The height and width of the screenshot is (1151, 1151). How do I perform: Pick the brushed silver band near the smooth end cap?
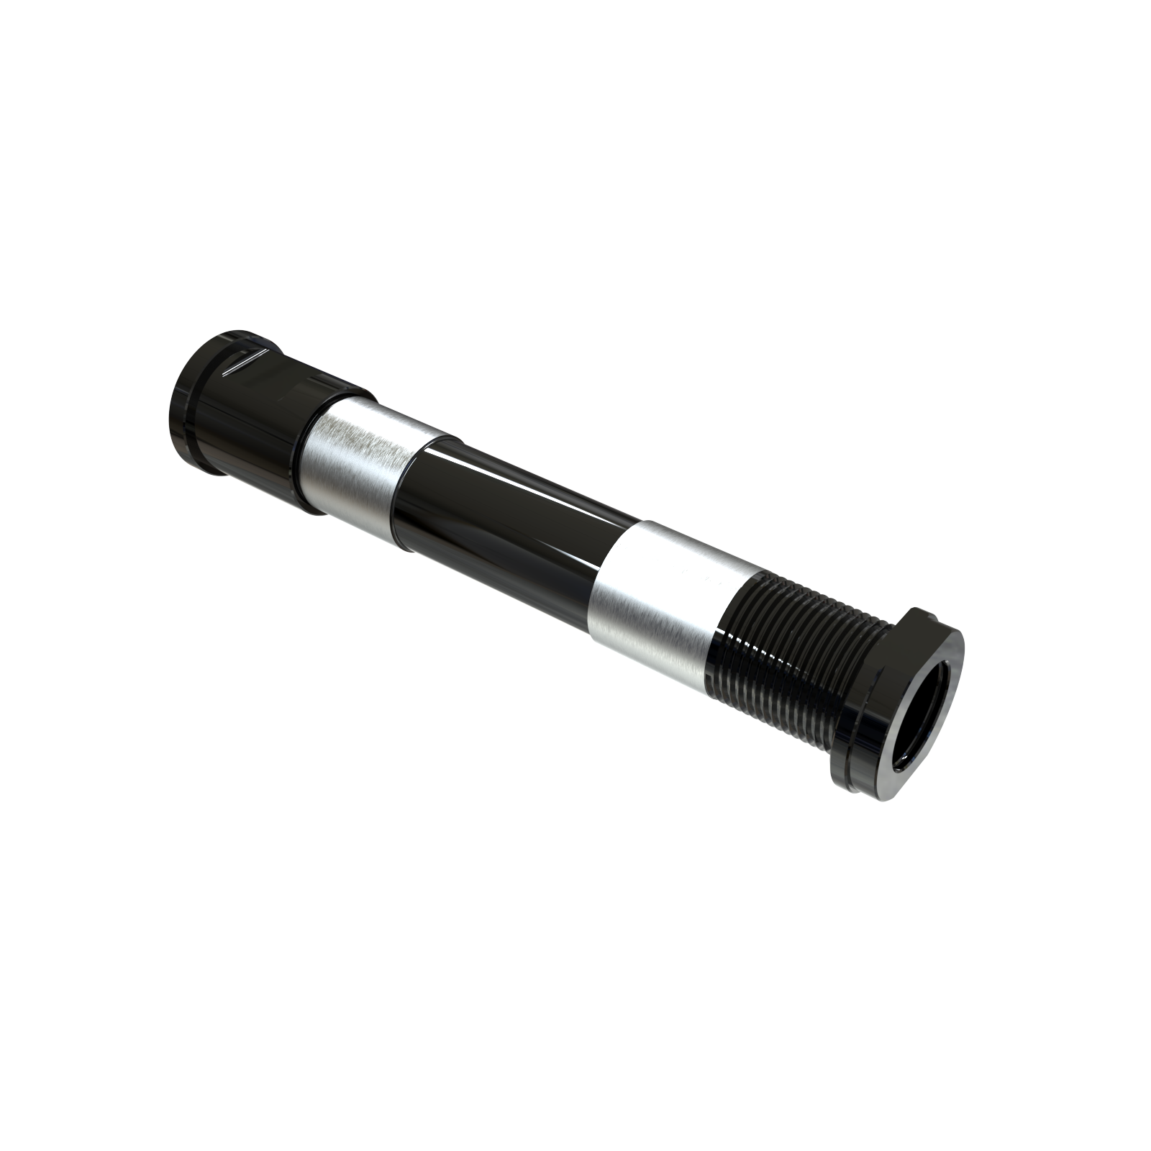[360, 468]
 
